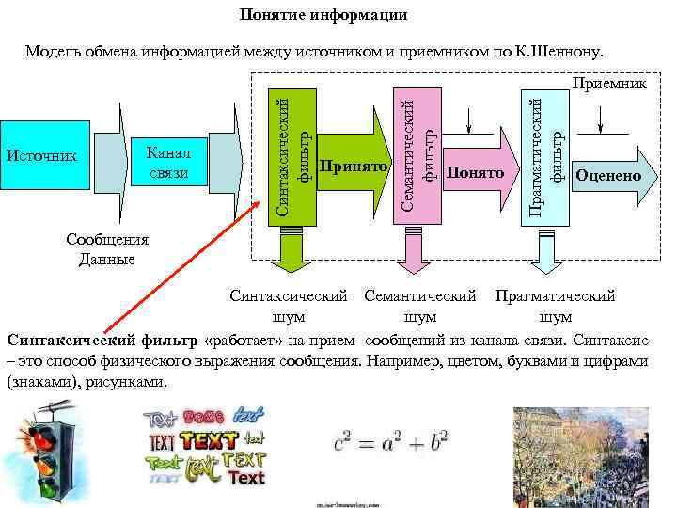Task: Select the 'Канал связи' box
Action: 169,162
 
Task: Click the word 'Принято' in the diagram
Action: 354,167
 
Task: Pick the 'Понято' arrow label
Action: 476,173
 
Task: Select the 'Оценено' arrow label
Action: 609,175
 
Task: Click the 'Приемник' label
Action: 610,84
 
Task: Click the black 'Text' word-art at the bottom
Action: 246,478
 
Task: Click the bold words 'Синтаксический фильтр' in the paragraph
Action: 102,339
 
